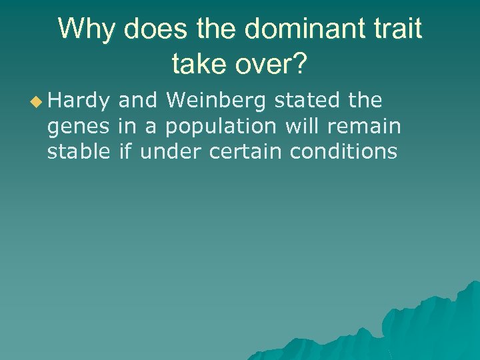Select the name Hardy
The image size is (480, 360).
coord(78,101)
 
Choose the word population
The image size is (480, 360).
coord(221,127)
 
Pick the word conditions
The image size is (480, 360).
coord(343,151)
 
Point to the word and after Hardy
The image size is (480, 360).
coord(137,101)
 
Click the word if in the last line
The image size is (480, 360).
coord(125,151)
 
